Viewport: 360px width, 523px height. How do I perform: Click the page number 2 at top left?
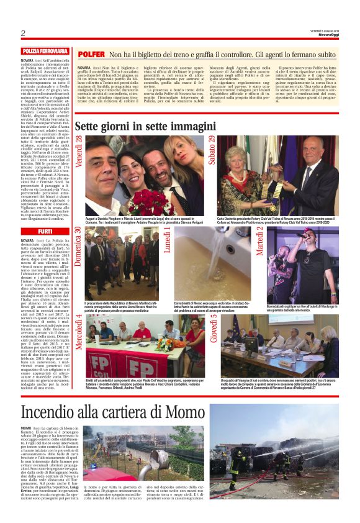point(23,34)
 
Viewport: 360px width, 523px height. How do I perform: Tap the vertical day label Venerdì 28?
point(79,153)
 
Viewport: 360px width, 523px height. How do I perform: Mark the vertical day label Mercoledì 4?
point(79,333)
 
